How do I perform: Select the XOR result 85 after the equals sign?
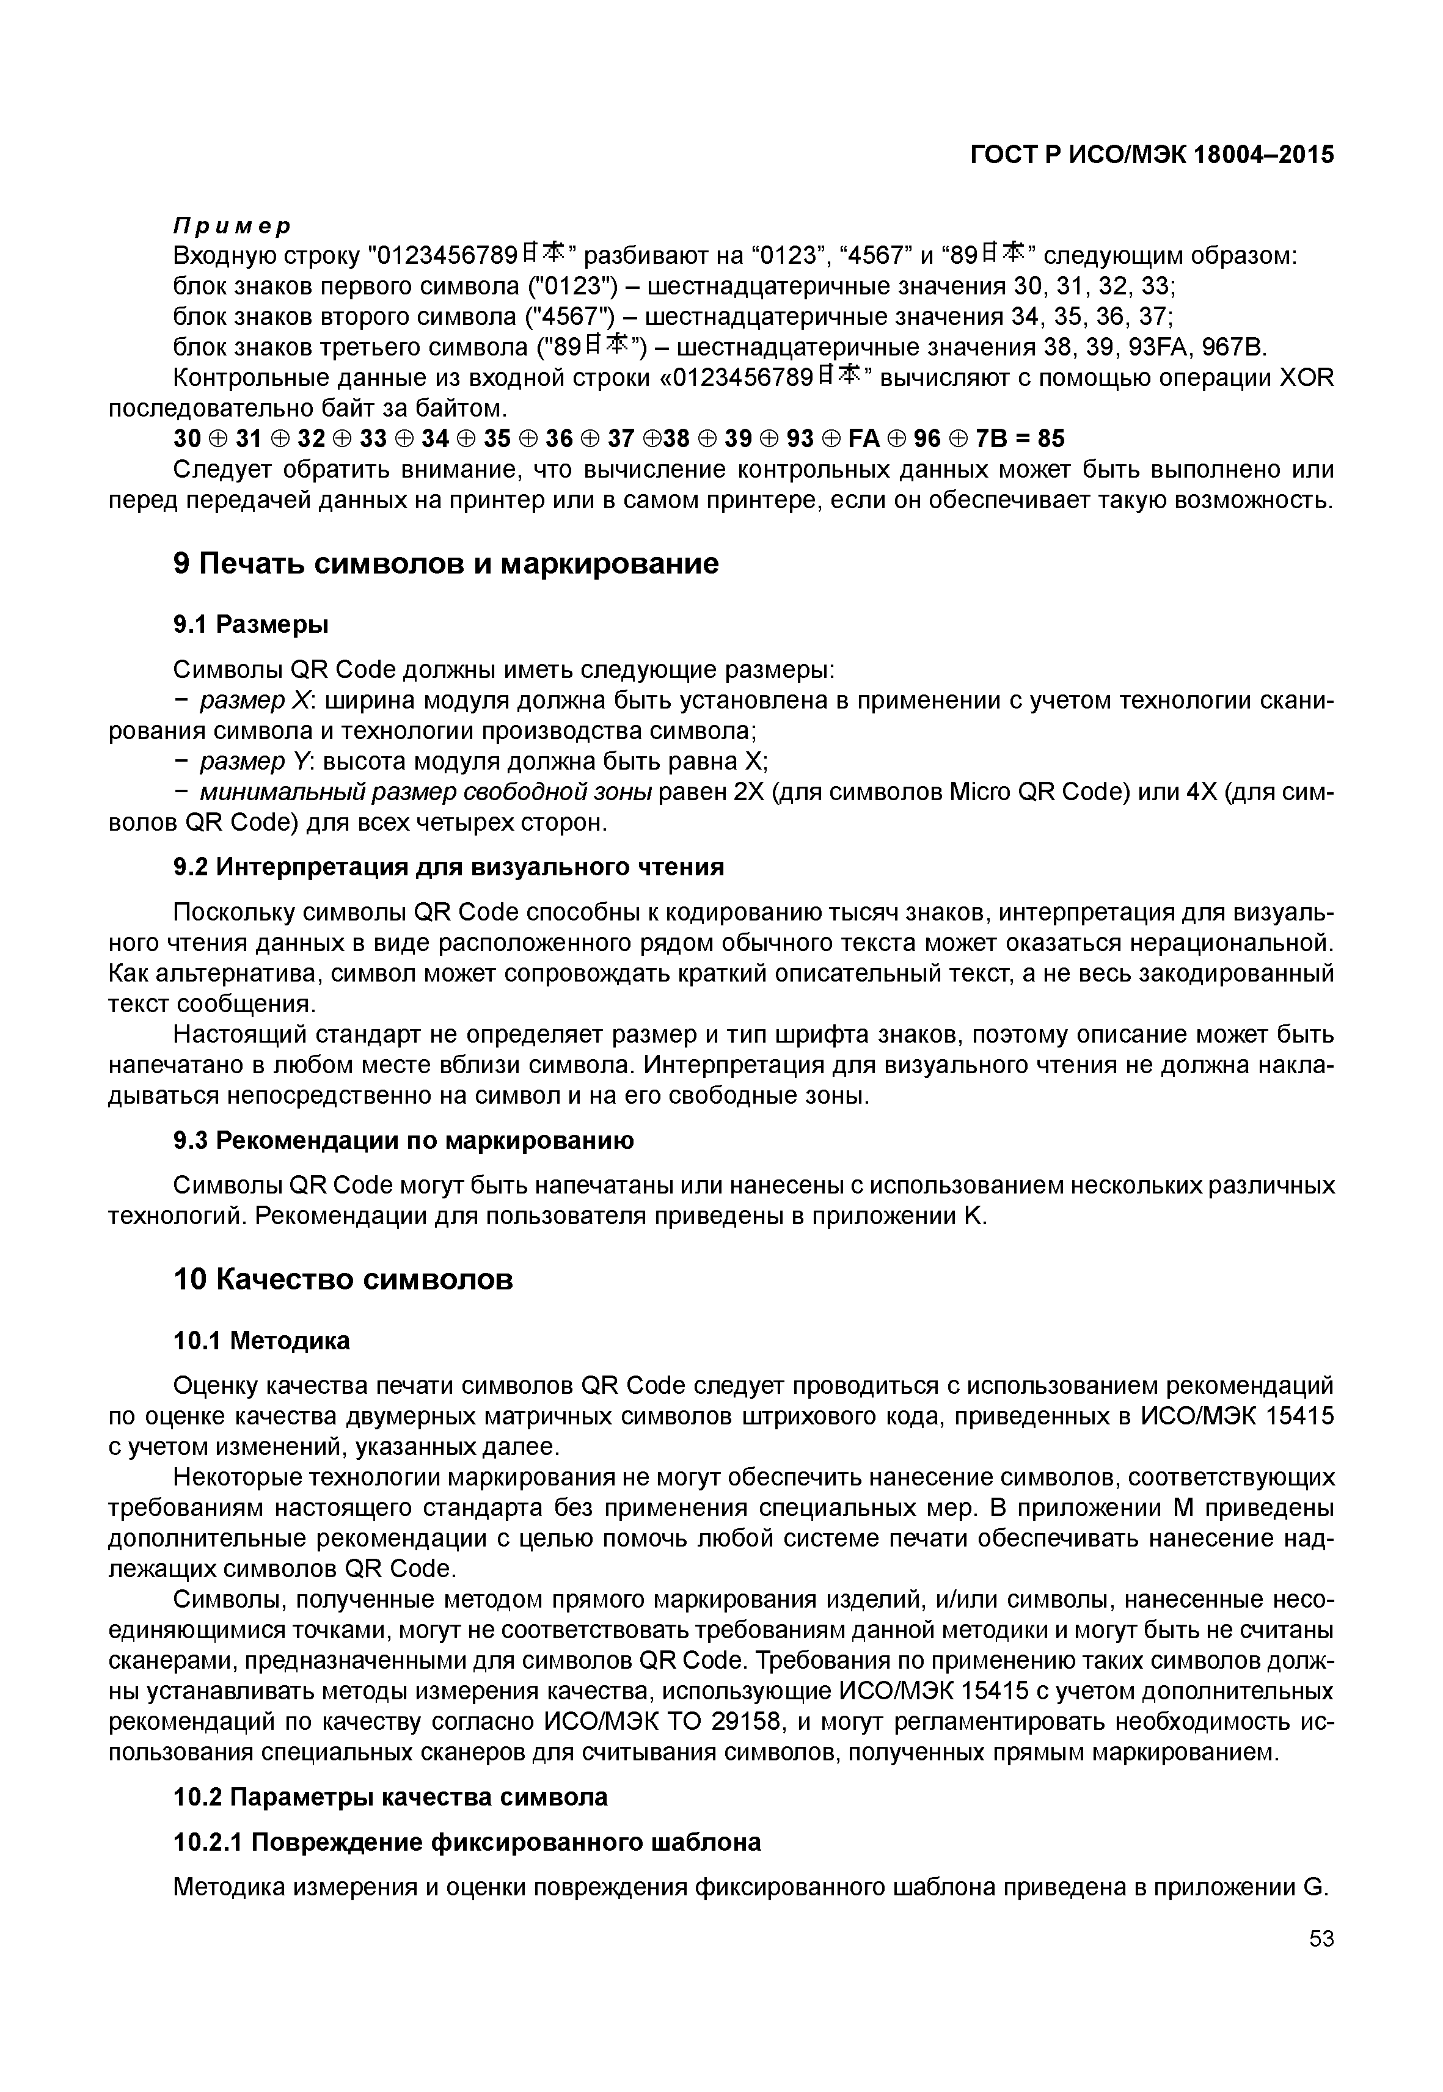point(1051,439)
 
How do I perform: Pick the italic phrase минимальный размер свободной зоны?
point(426,793)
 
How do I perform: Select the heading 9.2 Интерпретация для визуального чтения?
point(448,867)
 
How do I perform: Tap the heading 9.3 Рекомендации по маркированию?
point(403,1141)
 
